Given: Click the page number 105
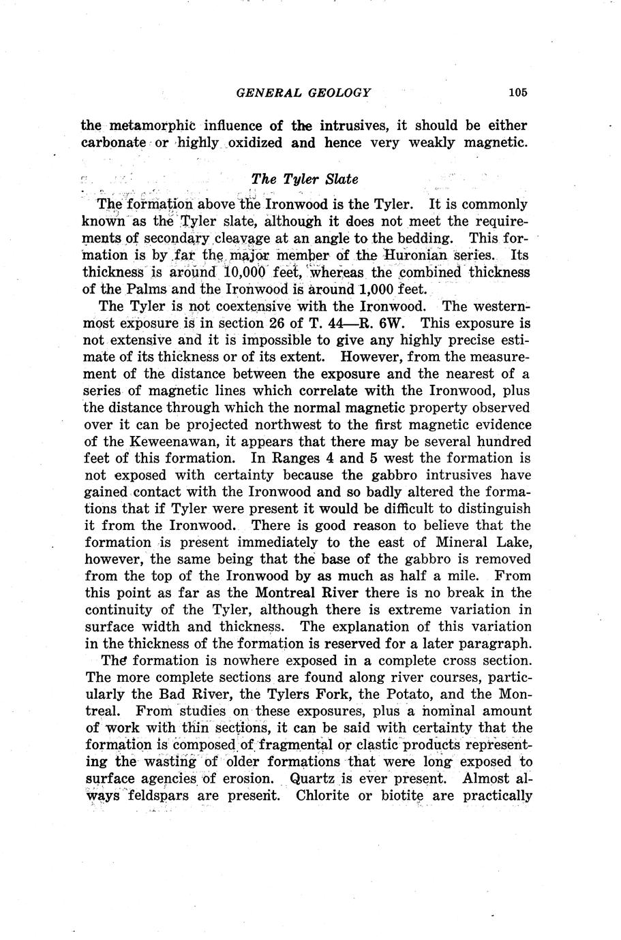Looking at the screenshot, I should pyautogui.click(x=517, y=93).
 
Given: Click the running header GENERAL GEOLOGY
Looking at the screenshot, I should pyautogui.click(x=303, y=93).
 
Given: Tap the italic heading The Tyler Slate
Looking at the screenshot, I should pyautogui.click(x=304, y=179).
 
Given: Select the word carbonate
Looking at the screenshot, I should pyautogui.click(x=114, y=143).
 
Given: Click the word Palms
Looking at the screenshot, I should pyautogui.click(x=148, y=289).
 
